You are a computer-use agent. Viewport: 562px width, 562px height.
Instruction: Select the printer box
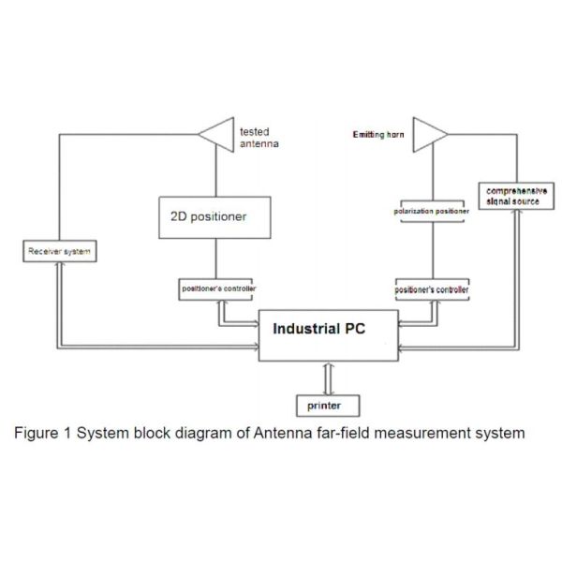click(324, 406)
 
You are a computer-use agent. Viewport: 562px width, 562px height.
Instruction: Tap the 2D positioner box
click(216, 216)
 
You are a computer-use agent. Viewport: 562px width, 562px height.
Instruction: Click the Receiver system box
click(58, 251)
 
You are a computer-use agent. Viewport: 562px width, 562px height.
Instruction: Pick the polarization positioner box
click(431, 212)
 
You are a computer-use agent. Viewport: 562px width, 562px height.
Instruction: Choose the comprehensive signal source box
click(512, 196)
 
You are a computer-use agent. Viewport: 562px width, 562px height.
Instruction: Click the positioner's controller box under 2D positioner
click(217, 288)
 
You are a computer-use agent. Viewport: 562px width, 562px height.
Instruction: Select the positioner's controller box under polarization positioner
click(431, 290)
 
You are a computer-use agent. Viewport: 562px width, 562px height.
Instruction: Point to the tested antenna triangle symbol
click(217, 134)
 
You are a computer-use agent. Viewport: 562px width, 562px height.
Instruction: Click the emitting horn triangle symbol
click(430, 134)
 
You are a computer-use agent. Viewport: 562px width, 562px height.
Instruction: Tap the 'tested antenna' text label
click(259, 138)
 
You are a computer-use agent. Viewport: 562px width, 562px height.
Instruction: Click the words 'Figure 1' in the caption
click(42, 433)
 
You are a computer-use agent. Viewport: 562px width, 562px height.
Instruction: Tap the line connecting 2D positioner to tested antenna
click(217, 173)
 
